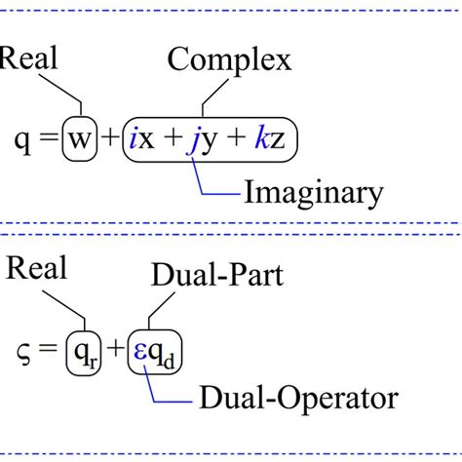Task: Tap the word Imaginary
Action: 312,193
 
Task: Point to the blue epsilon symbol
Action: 142,350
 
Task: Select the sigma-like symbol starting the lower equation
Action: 23,353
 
